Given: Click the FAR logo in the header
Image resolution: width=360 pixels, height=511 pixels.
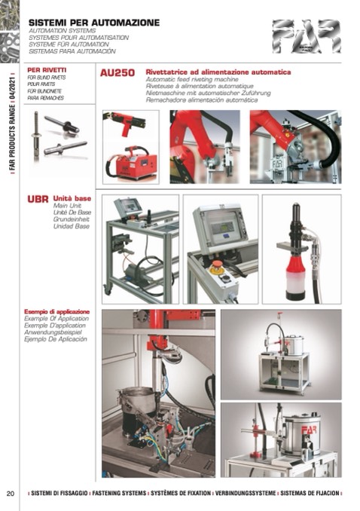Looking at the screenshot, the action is coord(307,36).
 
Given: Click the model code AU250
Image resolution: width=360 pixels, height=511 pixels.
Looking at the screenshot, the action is coord(117,72).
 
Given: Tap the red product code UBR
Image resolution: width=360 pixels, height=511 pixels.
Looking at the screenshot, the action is coord(38,199).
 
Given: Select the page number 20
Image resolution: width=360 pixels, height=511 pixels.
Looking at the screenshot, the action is coord(11,494).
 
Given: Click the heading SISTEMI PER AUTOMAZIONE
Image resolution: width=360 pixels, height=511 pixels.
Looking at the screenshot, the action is coord(94,23).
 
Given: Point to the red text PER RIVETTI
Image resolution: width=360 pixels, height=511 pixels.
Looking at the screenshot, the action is coord(47,70).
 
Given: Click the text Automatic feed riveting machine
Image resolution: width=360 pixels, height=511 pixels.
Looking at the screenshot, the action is coord(192,79).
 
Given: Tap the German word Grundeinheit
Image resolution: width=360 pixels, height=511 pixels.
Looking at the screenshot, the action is coord(72,219).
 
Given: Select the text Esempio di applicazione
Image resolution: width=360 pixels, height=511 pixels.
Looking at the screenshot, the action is coord(57,311).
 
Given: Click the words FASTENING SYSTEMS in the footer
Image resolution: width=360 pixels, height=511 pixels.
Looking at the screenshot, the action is coord(119,494).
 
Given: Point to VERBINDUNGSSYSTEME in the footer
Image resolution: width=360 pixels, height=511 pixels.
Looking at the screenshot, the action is coord(246,494).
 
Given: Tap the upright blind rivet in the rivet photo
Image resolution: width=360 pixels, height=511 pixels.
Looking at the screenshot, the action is coord(36,135).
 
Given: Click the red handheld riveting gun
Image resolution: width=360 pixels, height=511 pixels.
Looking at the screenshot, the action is coord(126,123).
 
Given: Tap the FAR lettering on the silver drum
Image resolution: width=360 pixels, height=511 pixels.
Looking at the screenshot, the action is coord(309,430).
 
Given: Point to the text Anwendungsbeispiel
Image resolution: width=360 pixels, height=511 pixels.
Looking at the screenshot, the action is coord(53,332).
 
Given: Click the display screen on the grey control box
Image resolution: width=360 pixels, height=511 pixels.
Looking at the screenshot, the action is coord(222,227).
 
